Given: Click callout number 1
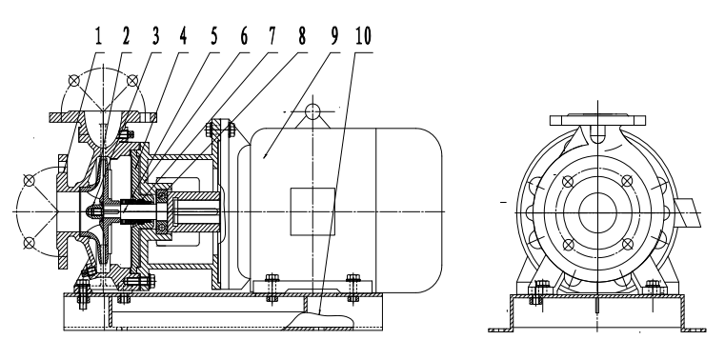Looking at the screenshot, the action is pyautogui.click(x=97, y=36).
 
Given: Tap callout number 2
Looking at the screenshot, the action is pyautogui.click(x=126, y=36).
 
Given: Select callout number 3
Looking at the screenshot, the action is pyautogui.click(x=155, y=36).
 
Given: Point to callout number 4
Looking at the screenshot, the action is pyautogui.click(x=184, y=36).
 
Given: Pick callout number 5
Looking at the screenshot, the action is pyautogui.click(x=214, y=36).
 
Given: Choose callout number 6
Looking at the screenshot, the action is pyautogui.click(x=244, y=36).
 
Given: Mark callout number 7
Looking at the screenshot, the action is pyautogui.click(x=272, y=36).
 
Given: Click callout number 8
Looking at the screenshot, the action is pyautogui.click(x=301, y=36).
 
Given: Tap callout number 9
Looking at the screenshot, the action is pyautogui.click(x=334, y=36).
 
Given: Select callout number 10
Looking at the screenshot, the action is pyautogui.click(x=363, y=36).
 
